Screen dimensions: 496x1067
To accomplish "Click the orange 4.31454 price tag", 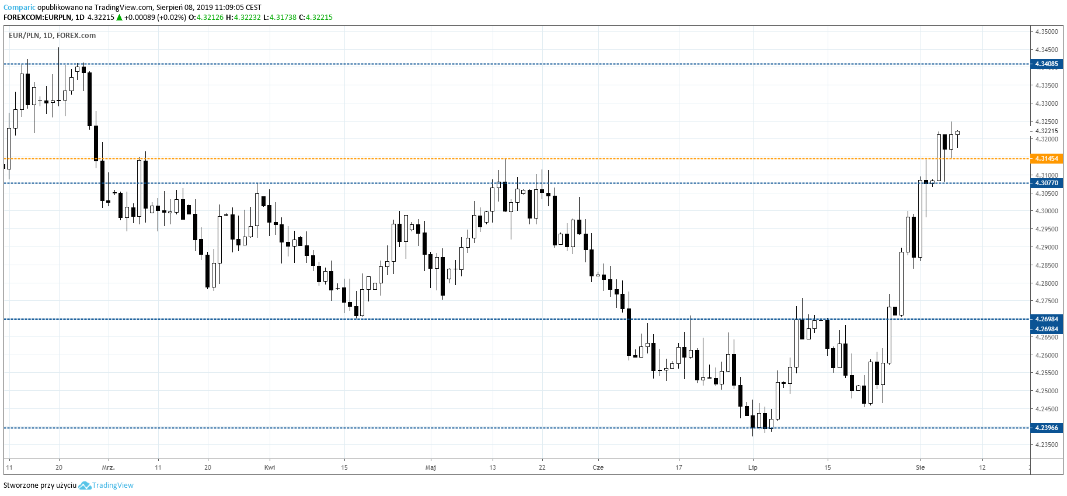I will tap(1046, 158).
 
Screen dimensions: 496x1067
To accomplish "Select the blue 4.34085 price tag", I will tap(1046, 64).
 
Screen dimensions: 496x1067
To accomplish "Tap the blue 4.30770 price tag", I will tap(1046, 183).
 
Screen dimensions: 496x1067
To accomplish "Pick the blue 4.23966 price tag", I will tap(1046, 428).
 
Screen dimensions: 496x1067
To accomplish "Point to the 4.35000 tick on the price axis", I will tap(1046, 32).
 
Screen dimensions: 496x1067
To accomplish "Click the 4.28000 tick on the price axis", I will tap(1046, 283).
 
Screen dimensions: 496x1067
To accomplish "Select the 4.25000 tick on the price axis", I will tap(1046, 391).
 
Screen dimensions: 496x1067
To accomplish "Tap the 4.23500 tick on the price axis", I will tap(1046, 445).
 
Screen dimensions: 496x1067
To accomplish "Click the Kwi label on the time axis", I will tap(270, 467).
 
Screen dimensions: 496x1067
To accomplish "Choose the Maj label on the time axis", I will tap(431, 467).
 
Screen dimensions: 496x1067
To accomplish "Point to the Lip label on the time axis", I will tap(753, 467).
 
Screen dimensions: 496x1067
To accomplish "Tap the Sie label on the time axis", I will tap(920, 467).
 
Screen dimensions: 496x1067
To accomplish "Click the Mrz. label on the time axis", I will tap(109, 467).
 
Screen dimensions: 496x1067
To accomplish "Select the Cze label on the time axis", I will tap(598, 467).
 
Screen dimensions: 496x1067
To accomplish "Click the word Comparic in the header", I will tap(19, 8).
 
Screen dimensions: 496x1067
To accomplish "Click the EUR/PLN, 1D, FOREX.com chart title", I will tap(53, 36).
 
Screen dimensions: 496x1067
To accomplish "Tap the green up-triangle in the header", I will tap(119, 18).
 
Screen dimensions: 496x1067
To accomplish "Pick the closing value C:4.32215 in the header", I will tap(316, 18).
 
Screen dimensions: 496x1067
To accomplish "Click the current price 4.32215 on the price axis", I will tap(1046, 131).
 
